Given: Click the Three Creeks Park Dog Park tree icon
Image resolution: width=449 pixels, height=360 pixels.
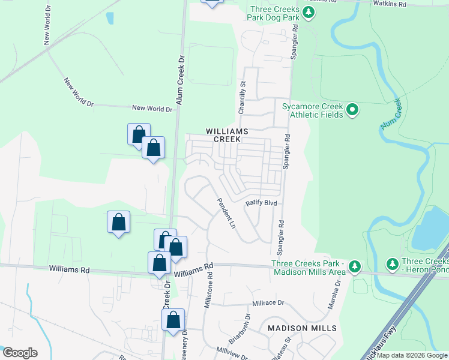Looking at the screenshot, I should point(308,13).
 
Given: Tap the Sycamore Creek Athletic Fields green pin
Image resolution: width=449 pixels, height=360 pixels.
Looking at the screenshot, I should point(352,110).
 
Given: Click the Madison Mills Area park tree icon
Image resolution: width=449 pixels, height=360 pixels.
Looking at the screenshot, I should point(355,266).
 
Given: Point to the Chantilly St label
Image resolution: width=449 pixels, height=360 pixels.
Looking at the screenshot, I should point(243,94).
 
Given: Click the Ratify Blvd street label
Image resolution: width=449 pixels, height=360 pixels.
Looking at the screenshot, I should point(261,203).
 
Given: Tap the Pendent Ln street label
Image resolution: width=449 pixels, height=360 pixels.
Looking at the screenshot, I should point(226,214).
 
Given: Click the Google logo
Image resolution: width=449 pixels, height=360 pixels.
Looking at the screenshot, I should point(20,353).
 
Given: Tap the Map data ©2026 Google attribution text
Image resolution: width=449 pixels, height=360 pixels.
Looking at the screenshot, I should point(412,355).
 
